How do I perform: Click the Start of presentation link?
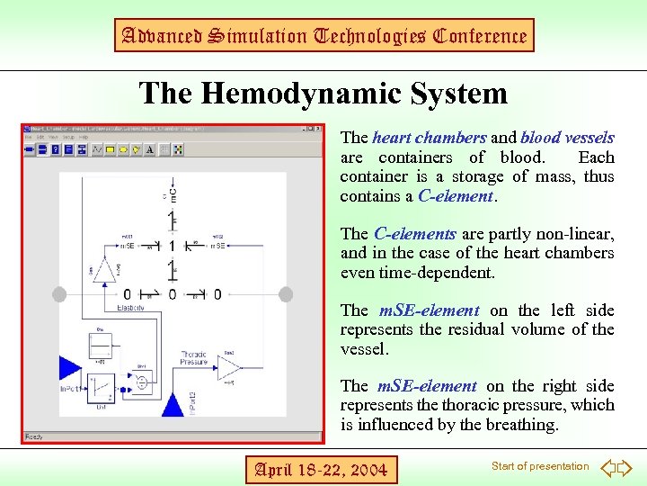pyautogui.click(x=540, y=466)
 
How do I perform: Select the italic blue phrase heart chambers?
pyautogui.click(x=430, y=138)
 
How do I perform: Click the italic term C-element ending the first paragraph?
pyautogui.click(x=456, y=195)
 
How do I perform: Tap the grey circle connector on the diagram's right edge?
pyautogui.click(x=286, y=294)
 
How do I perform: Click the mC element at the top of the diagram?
pyautogui.click(x=173, y=194)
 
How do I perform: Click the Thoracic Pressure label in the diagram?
pyautogui.click(x=194, y=358)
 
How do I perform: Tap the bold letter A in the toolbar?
pyautogui.click(x=150, y=149)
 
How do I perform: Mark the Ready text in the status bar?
pyautogui.click(x=36, y=436)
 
